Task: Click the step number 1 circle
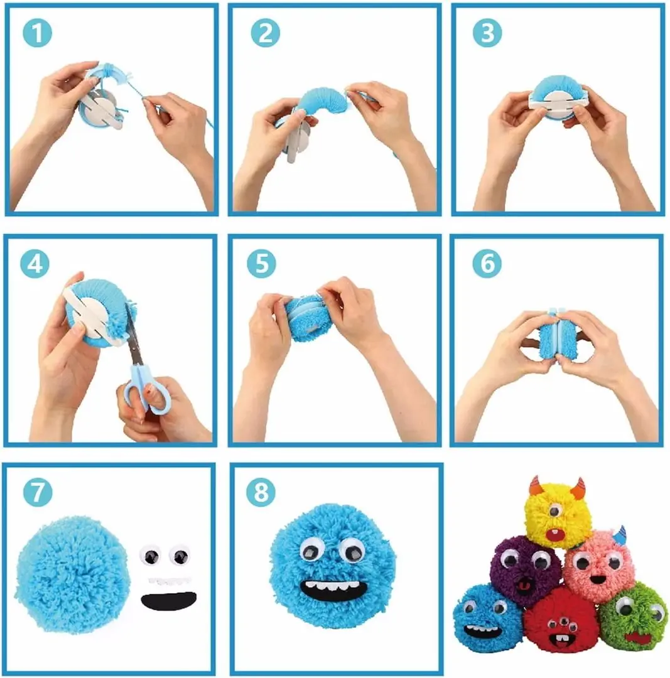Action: coord(38,34)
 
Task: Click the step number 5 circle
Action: coord(261,264)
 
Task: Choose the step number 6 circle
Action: coord(487,264)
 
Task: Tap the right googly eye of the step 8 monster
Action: coord(352,550)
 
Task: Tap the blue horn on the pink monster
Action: coord(620,535)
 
